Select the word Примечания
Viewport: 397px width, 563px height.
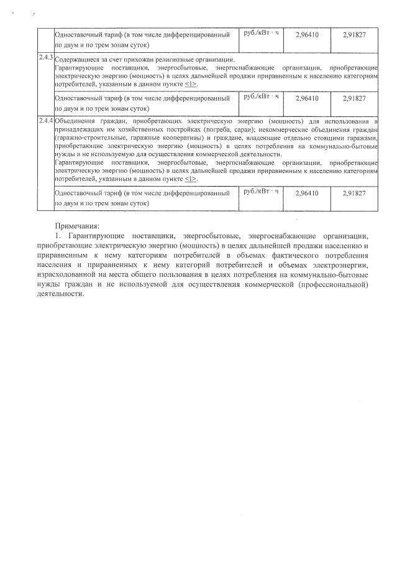(77, 227)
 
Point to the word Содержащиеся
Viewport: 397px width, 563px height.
(75, 60)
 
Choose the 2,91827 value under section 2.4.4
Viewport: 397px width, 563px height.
(354, 193)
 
